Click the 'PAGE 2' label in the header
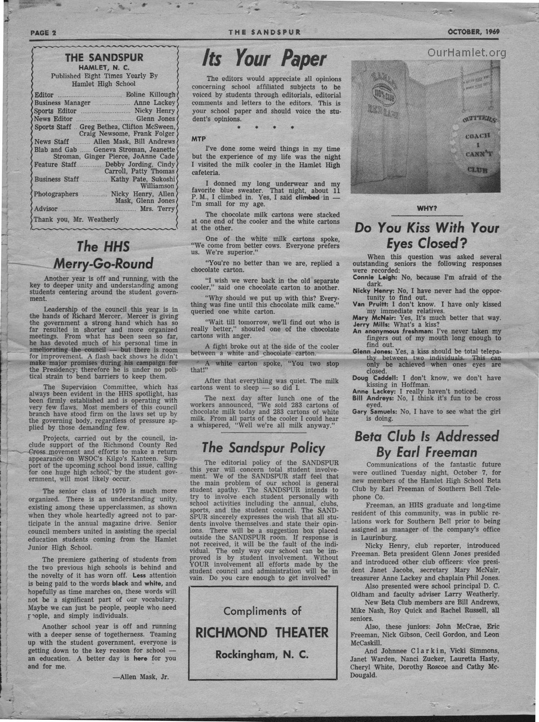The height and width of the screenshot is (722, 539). [43, 32]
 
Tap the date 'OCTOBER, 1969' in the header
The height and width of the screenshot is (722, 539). [474, 32]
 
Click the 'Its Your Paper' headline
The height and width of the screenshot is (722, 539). [264, 59]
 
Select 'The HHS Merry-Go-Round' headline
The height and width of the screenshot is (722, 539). [103, 255]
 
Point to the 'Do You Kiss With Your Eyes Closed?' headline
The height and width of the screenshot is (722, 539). [427, 236]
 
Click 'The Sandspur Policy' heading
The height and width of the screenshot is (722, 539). [263, 448]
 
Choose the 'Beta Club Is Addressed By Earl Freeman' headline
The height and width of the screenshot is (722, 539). [427, 444]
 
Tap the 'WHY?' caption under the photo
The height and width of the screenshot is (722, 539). [427, 209]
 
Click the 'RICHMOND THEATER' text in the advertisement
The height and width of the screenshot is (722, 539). [262, 632]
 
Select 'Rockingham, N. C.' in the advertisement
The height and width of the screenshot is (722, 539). [262, 654]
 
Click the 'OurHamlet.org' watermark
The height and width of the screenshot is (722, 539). [466, 53]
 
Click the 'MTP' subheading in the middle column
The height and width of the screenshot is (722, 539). [198, 139]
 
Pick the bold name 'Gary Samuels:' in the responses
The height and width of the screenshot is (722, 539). [375, 412]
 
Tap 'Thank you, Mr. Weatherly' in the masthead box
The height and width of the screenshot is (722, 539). [76, 219]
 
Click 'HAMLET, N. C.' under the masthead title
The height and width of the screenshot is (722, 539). [104, 67]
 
